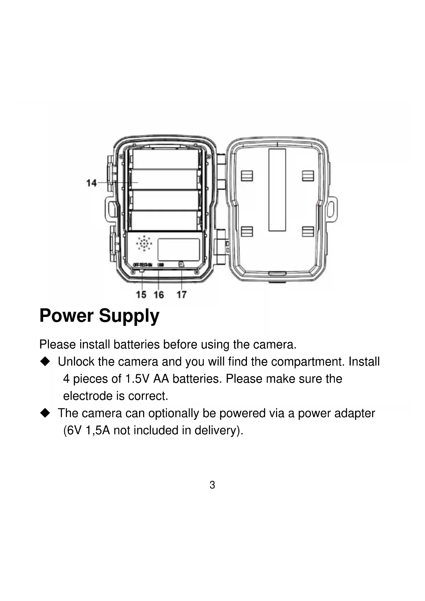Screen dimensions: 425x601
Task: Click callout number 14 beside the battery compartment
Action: click(91, 183)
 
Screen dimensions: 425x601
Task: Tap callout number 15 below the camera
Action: click(141, 294)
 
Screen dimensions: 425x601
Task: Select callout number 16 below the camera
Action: click(159, 294)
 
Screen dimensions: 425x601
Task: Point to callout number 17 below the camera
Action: click(182, 294)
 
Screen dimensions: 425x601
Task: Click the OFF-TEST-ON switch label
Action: click(142, 265)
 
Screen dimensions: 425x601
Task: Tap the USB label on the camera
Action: click(161, 265)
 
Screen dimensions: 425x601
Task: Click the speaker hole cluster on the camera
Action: click(144, 243)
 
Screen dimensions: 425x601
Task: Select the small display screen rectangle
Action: click(178, 249)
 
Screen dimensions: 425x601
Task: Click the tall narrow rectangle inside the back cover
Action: click(277, 190)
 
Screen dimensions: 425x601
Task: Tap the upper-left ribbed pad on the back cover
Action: click(247, 175)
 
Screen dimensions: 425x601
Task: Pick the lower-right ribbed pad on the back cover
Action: click(308, 232)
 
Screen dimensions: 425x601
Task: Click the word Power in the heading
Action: click(66, 316)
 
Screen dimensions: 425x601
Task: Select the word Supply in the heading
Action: click(129, 316)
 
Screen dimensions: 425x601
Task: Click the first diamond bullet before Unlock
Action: click(45, 361)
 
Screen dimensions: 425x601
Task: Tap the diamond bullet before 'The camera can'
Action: click(45, 413)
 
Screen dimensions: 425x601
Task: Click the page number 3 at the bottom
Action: click(212, 485)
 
